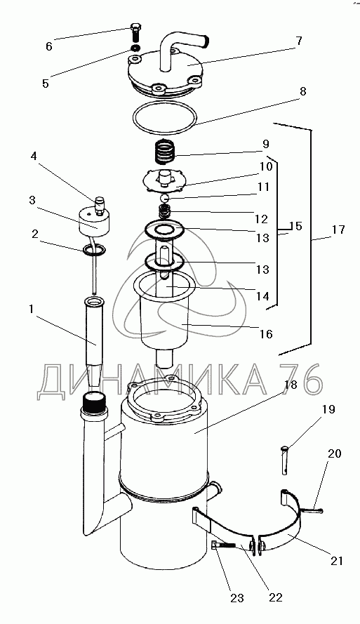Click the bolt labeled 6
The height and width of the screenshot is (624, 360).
coord(135,33)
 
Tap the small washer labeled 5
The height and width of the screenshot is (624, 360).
coord(135,48)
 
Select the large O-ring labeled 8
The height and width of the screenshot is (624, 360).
coord(164,118)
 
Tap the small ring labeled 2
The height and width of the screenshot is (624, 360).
coord(95,250)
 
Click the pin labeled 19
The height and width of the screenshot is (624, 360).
coord(285,460)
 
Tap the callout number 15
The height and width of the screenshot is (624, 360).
coord(296,227)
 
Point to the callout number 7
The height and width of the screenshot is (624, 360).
coord(299,41)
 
